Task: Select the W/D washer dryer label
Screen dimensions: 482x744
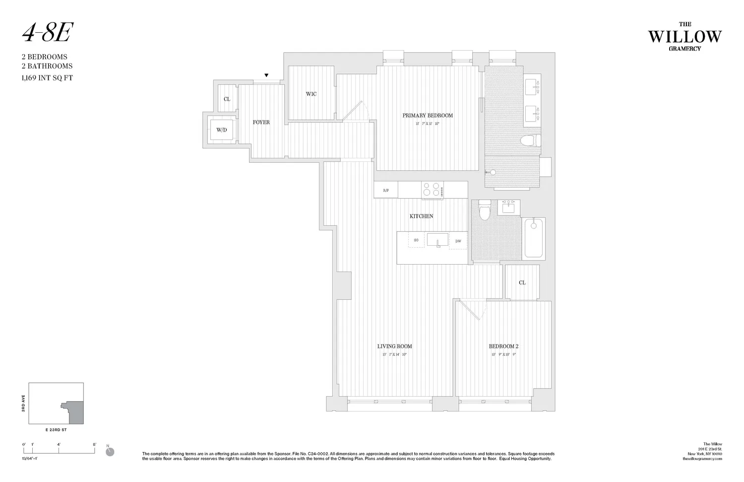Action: pos(221,130)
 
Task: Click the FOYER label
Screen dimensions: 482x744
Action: pos(261,122)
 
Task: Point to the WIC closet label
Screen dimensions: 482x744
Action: pos(311,94)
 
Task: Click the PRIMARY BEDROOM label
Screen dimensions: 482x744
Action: pos(427,116)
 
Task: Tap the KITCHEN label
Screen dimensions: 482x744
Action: pos(421,216)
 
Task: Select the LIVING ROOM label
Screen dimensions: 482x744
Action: pos(394,346)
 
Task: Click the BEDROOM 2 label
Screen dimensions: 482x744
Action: pos(503,346)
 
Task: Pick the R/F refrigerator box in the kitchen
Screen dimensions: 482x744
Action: pos(386,190)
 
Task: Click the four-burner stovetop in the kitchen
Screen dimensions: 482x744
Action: pos(432,190)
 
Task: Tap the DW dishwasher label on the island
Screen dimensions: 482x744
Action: pos(458,241)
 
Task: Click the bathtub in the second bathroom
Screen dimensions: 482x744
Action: pos(534,238)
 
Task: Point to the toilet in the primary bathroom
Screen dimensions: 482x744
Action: pos(530,141)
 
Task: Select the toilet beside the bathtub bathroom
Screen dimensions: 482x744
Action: pos(485,210)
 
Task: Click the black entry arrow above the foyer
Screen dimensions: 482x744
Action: pos(266,75)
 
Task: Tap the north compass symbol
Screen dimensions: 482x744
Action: pos(110,451)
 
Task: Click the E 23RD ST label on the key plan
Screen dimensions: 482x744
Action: pos(55,430)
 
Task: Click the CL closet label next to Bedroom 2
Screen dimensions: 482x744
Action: pos(522,282)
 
